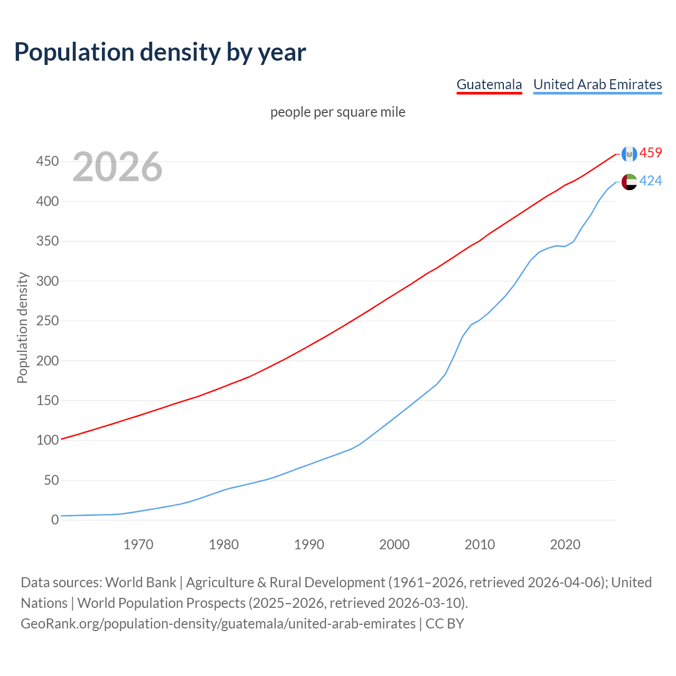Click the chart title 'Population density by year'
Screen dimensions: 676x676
click(160, 52)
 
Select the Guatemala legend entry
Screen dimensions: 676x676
click(489, 84)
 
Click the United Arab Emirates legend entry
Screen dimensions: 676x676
click(597, 84)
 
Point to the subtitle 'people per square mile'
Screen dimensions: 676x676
click(338, 112)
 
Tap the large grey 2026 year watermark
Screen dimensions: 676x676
click(117, 167)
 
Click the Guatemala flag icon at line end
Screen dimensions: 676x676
click(629, 154)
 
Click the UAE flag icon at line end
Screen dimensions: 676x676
click(629, 182)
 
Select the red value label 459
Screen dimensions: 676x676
click(651, 153)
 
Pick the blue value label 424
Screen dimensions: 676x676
click(651, 181)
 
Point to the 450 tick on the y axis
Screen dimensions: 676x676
click(48, 162)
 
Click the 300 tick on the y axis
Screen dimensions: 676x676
click(48, 281)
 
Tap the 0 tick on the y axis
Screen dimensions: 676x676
click(55, 520)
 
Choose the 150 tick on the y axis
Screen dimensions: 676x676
click(48, 401)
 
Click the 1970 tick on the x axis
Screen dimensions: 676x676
click(138, 544)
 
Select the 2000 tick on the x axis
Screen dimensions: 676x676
click(395, 544)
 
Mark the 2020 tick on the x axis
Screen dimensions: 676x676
click(565, 544)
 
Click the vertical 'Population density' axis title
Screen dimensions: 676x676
click(22, 327)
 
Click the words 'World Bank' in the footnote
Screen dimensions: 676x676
click(140, 583)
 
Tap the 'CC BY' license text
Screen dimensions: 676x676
click(445, 624)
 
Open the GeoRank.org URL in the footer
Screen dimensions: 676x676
click(218, 624)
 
